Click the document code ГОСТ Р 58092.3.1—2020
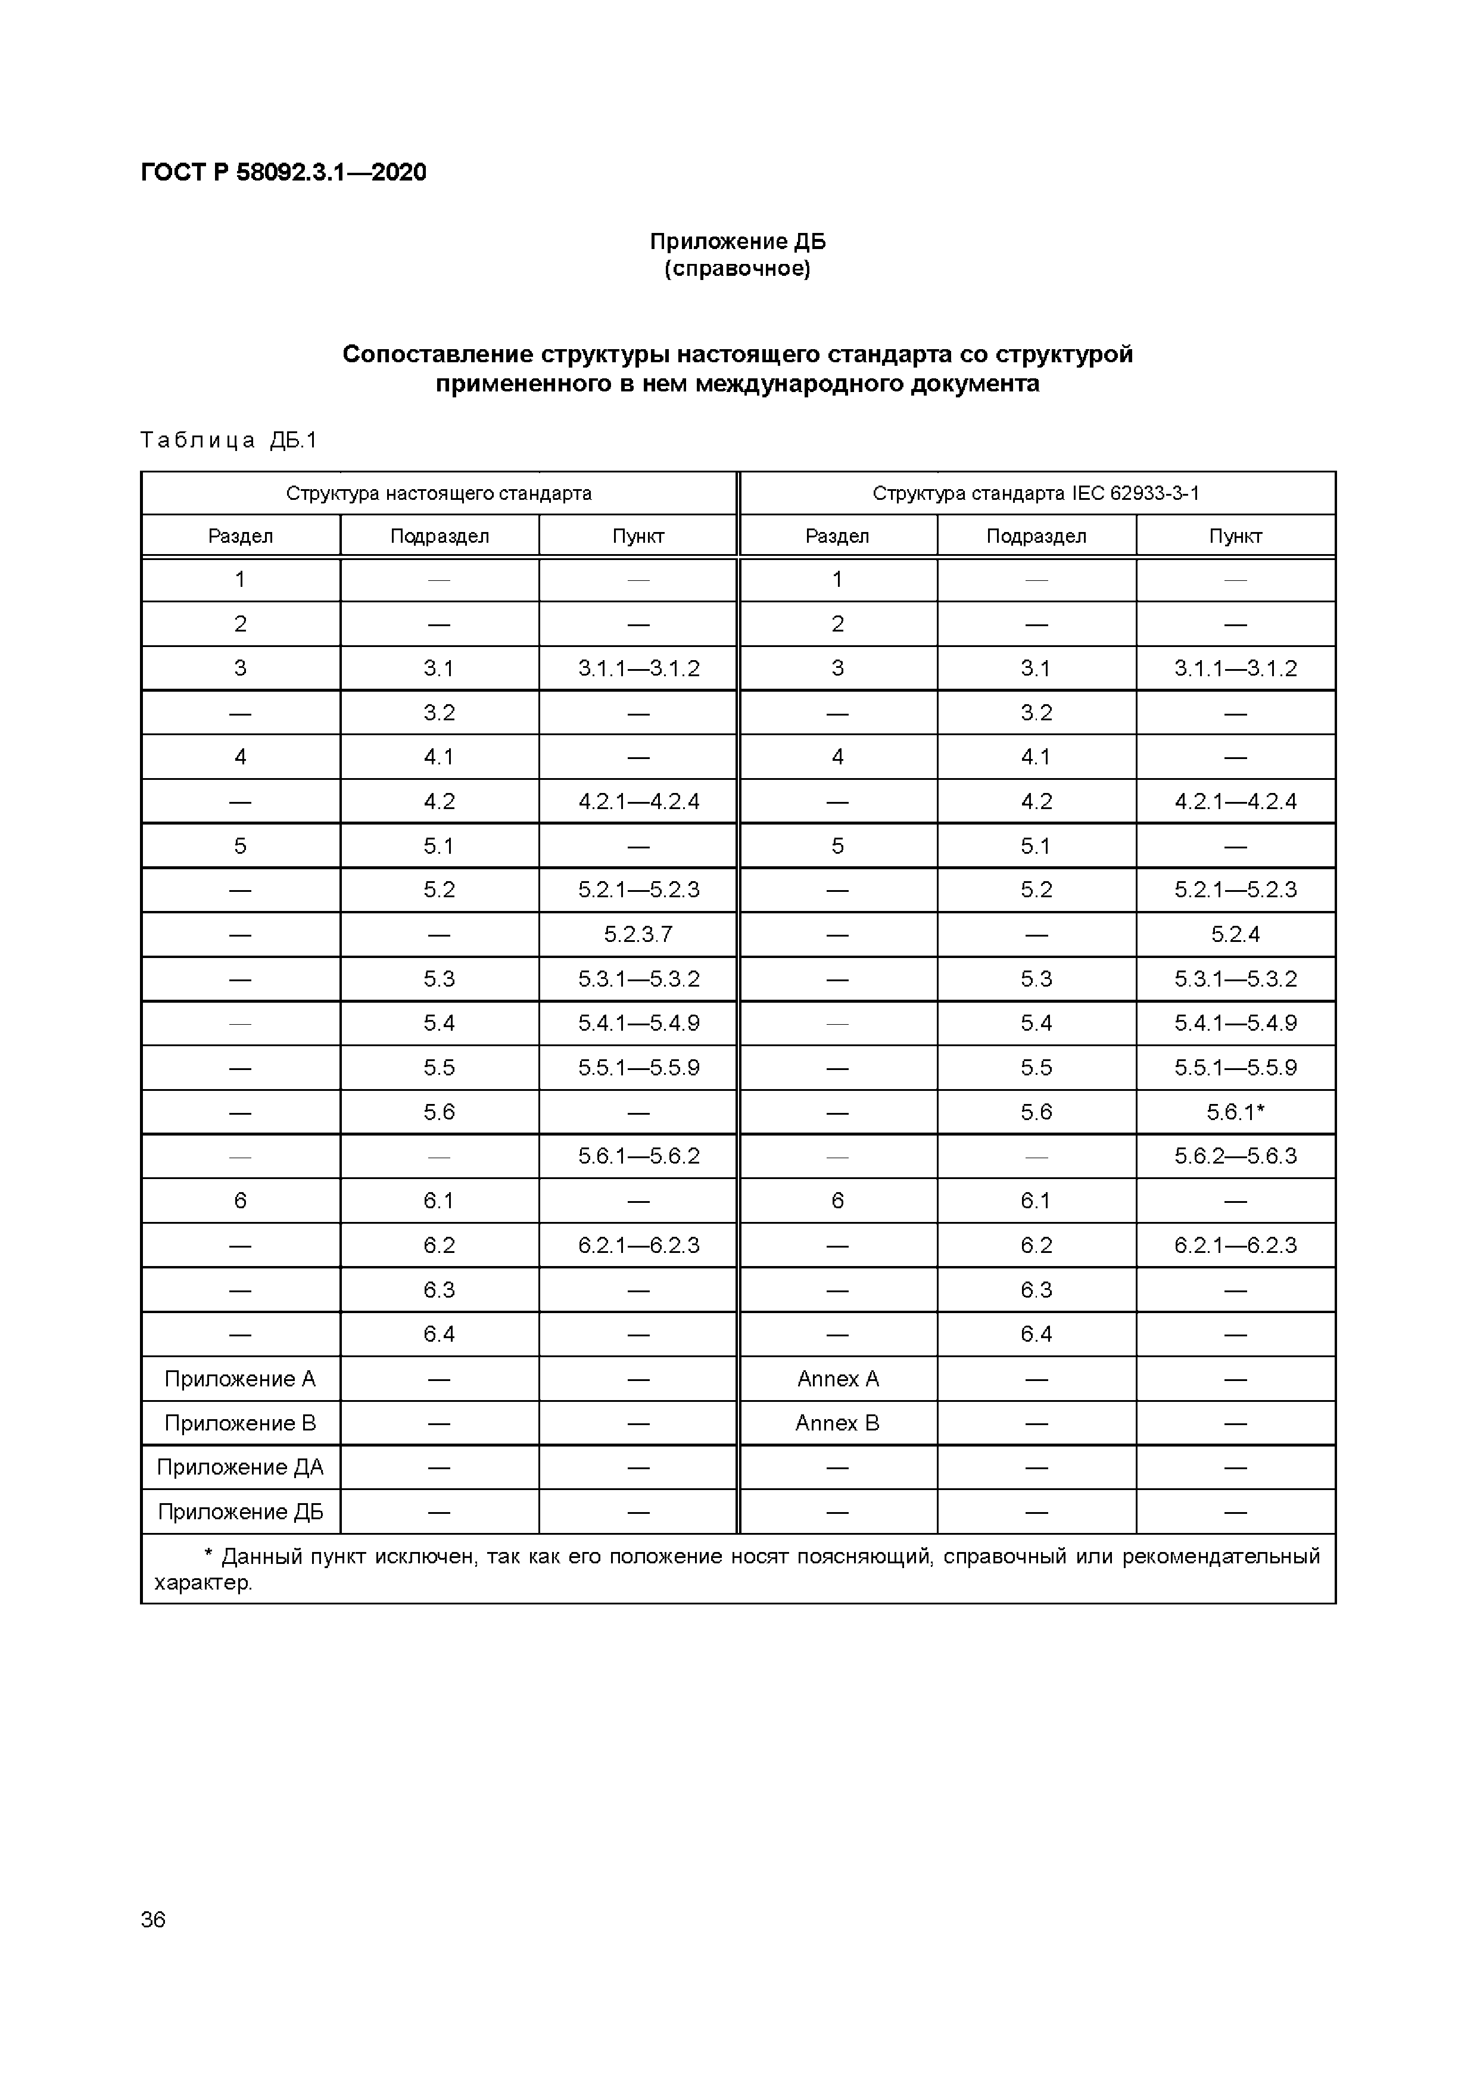pyautogui.click(x=283, y=172)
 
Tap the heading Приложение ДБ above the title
pyautogui.click(x=737, y=241)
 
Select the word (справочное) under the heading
pyautogui.click(x=737, y=269)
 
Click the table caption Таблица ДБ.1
pyautogui.click(x=229, y=440)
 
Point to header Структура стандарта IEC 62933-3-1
pyautogui.click(x=1036, y=493)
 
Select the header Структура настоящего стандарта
pyautogui.click(x=439, y=493)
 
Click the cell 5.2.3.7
pyautogui.click(x=638, y=934)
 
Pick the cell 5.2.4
pyautogui.click(x=1235, y=934)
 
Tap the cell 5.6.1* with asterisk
pyautogui.click(x=1235, y=1112)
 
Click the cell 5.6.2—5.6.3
pyautogui.click(x=1235, y=1156)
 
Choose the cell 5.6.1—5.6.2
pyautogui.click(x=638, y=1156)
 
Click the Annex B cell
pyautogui.click(x=837, y=1423)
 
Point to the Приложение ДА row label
pyautogui.click(x=240, y=1467)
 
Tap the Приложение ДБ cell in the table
pyautogui.click(x=240, y=1512)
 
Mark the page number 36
pyautogui.click(x=153, y=1919)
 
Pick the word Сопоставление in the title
pyautogui.click(x=437, y=354)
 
